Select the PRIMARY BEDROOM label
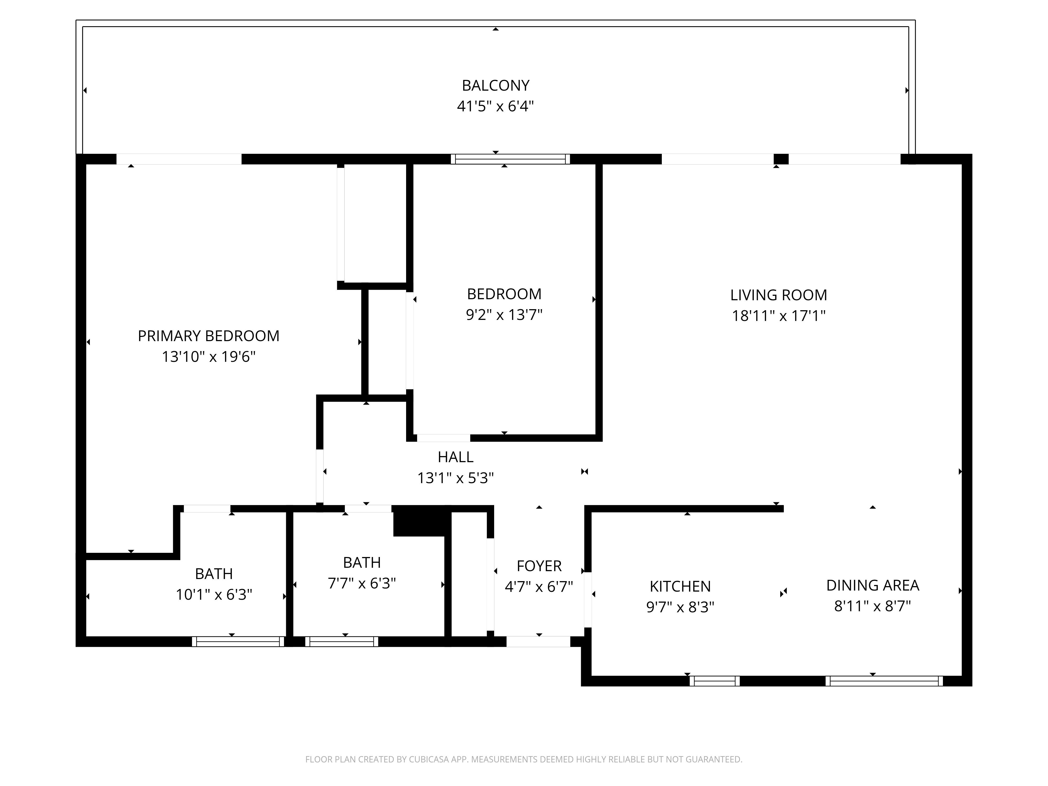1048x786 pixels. tap(209, 336)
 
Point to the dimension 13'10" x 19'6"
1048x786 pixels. tap(209, 357)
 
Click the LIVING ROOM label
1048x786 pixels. tap(778, 295)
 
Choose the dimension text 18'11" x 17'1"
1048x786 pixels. tap(778, 316)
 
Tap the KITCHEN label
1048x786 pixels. tap(680, 587)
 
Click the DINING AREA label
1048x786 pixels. tap(872, 586)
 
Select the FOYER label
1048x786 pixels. tap(539, 566)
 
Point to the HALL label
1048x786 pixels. tap(455, 457)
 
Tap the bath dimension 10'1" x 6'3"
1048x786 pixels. tap(214, 594)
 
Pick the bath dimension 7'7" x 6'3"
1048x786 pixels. tap(362, 583)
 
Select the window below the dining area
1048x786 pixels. tap(884, 681)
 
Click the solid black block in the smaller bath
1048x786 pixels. tap(420, 521)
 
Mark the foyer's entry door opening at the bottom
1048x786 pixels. tap(538, 641)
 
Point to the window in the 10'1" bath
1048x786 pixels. tap(238, 641)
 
